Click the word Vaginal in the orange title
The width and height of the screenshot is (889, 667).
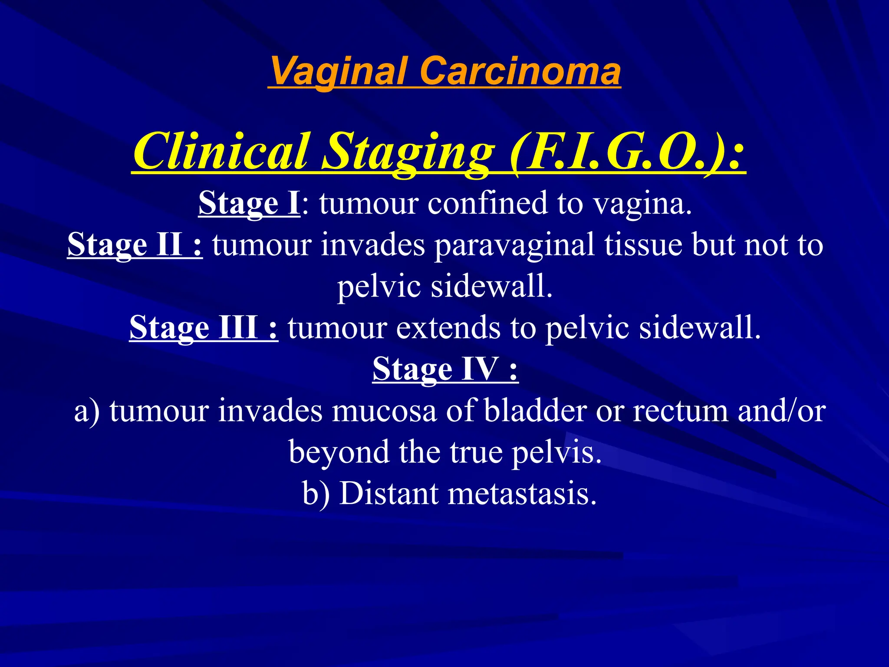pos(339,72)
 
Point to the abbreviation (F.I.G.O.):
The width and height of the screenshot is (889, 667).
pos(627,152)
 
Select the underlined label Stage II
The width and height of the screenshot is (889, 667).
pos(135,244)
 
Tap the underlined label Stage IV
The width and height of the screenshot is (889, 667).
pos(445,369)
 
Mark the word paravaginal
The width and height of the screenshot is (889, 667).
pos(514,244)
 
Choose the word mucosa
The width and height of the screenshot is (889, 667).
pos(384,411)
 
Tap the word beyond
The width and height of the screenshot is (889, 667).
pos(339,452)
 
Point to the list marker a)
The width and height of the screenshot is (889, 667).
pos(87,411)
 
